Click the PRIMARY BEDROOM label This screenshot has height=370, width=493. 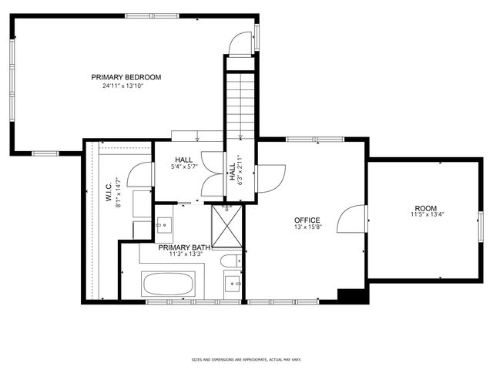pos(126,77)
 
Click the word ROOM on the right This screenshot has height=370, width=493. pos(425,208)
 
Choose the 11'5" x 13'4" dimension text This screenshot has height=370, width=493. pos(425,216)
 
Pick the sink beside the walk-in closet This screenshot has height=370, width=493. pos(163,224)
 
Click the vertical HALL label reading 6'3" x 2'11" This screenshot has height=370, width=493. pos(233,171)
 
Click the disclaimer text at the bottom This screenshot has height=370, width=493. pos(246,359)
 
